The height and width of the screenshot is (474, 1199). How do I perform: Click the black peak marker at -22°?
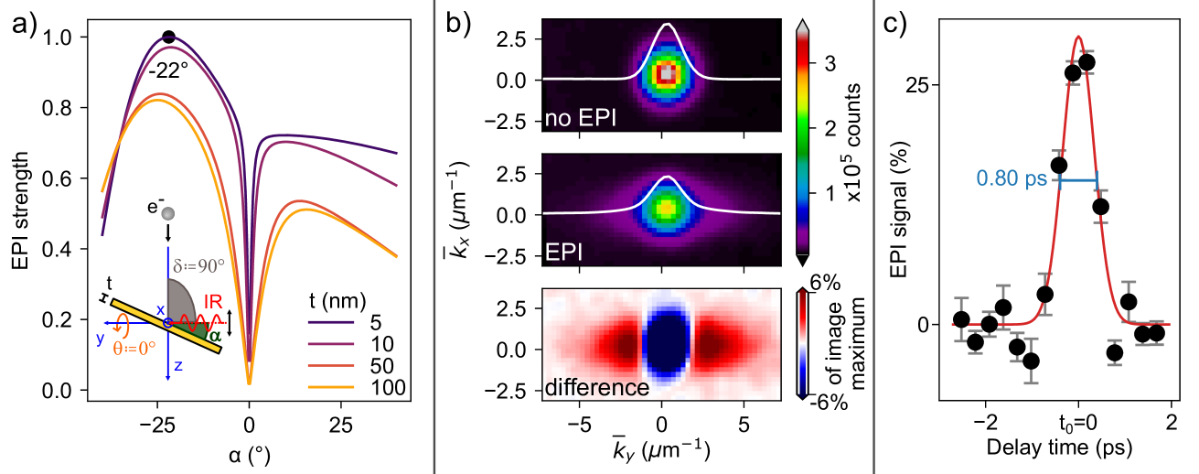pos(168,37)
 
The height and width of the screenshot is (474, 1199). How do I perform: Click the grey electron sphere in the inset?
pos(167,213)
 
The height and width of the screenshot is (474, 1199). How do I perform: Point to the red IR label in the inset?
pos(212,298)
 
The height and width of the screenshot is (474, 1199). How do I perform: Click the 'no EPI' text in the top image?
pos(578,119)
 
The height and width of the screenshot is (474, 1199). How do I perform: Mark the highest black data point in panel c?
pos(1087,62)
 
